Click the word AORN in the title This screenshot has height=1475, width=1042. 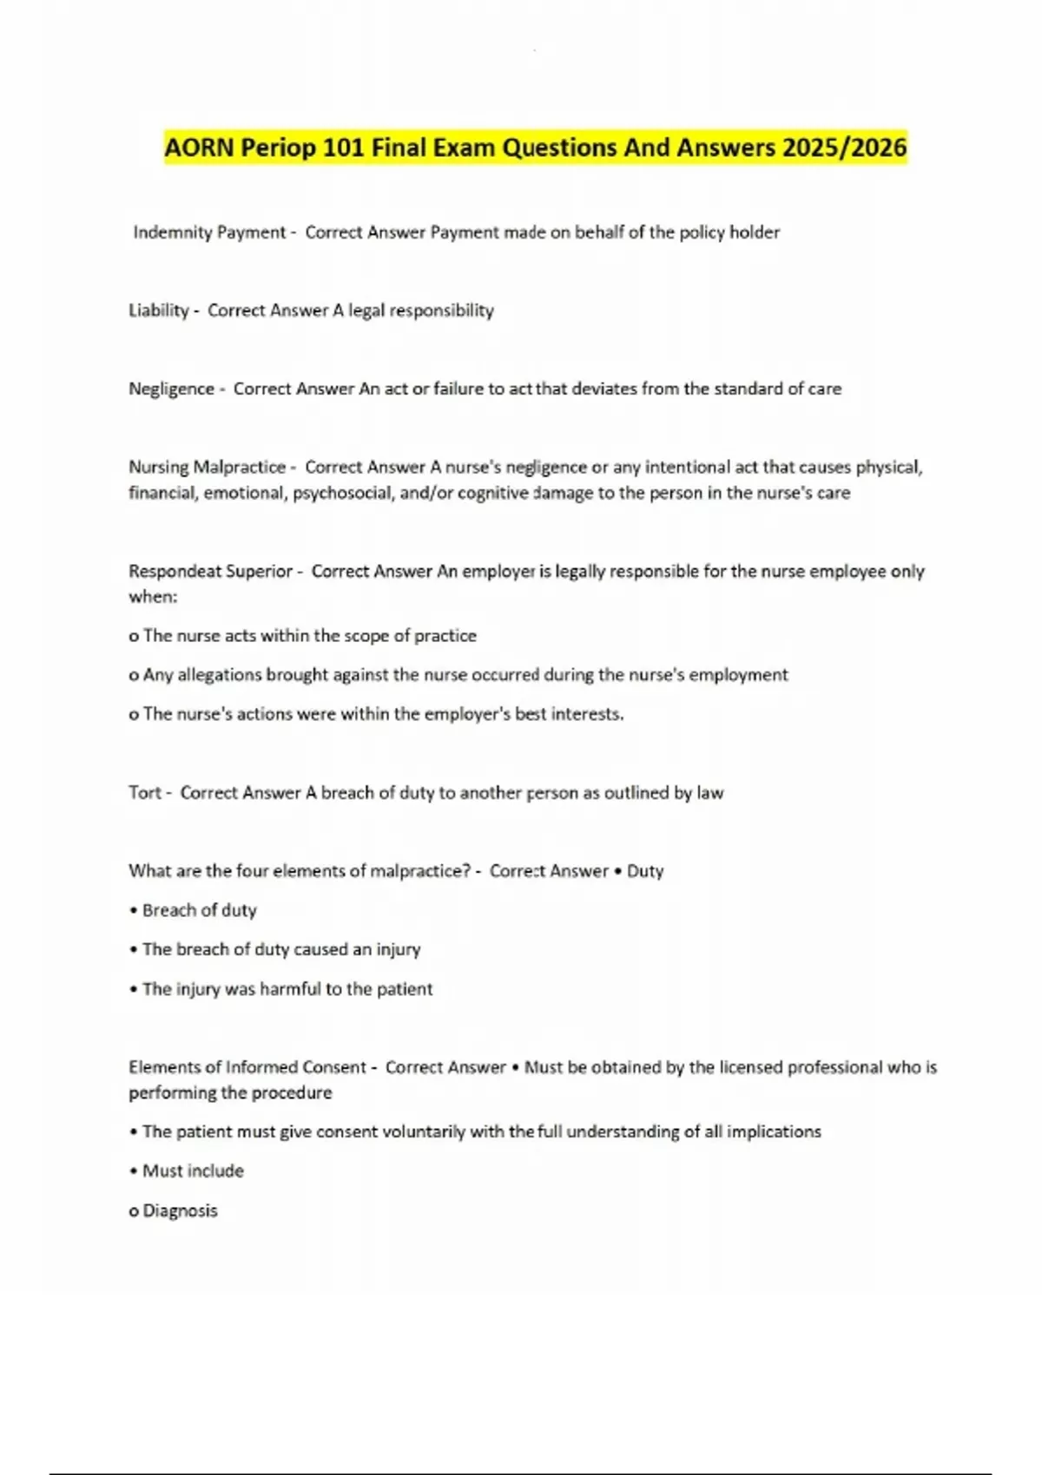click(200, 147)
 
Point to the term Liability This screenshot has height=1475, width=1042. click(159, 311)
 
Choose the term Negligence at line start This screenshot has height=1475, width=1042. click(171, 389)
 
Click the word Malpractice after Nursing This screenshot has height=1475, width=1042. click(239, 467)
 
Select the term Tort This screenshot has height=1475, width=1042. click(145, 792)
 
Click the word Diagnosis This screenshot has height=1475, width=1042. click(180, 1210)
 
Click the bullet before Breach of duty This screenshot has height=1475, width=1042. click(134, 911)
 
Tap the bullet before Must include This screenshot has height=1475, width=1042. click(134, 1171)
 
